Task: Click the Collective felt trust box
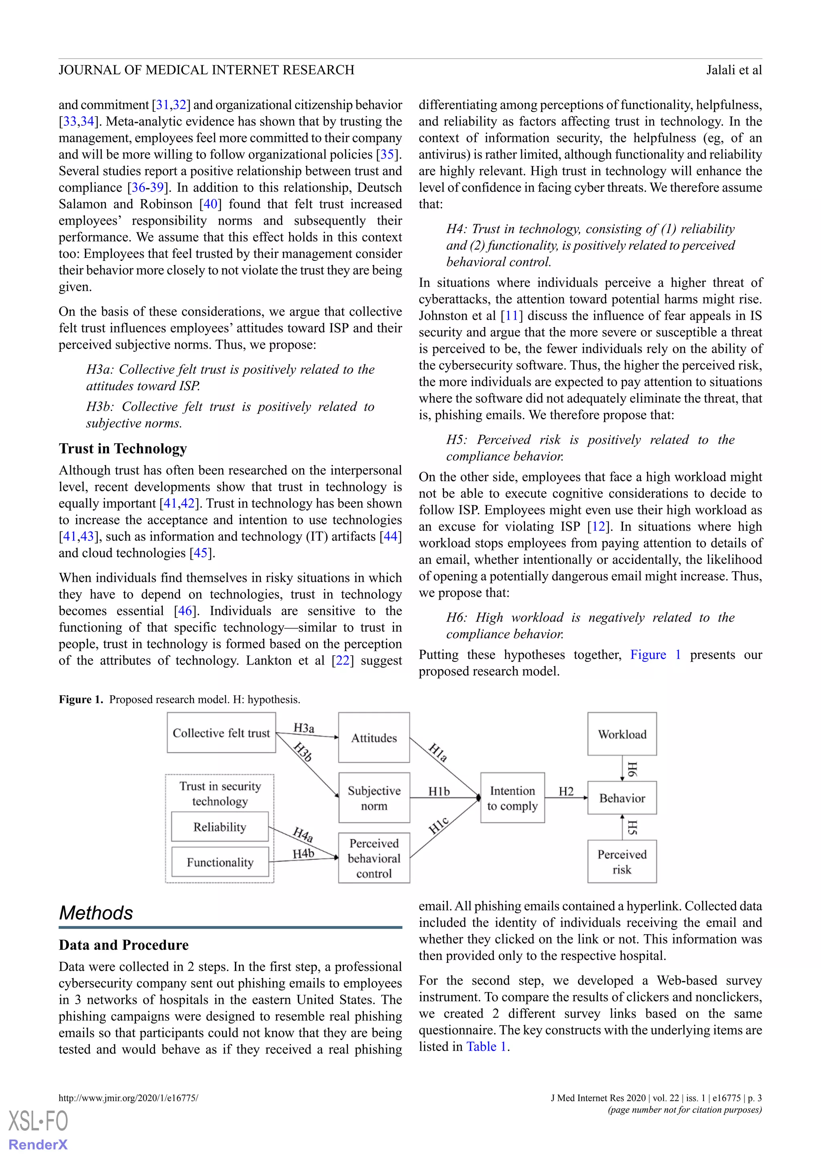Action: tap(221, 733)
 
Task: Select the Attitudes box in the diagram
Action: tap(374, 738)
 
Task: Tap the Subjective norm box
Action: tap(374, 798)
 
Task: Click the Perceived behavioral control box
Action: tap(374, 858)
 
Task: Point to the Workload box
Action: tap(622, 734)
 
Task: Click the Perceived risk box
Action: tap(622, 862)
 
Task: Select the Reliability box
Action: tap(220, 827)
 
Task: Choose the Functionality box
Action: tap(220, 862)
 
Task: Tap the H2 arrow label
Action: tap(566, 791)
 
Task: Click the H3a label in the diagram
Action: tap(304, 728)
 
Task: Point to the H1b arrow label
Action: tap(439, 791)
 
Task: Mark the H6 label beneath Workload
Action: tap(632, 769)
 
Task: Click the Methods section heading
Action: tap(96, 913)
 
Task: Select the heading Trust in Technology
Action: tap(123, 449)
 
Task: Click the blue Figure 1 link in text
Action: tap(655, 655)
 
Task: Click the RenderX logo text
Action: tap(38, 1144)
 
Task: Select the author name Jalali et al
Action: tap(734, 70)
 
